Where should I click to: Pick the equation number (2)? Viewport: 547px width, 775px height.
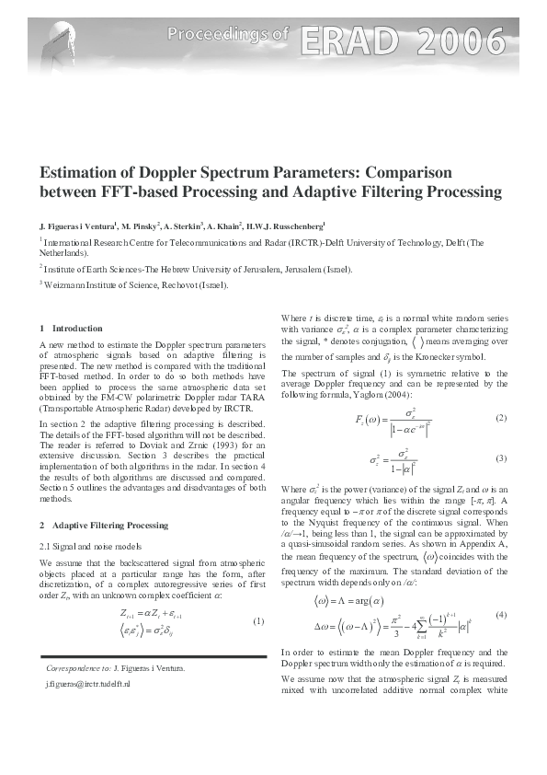tap(501, 418)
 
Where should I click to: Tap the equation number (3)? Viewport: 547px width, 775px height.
tap(501, 457)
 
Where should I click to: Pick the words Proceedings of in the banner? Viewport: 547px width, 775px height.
tap(228, 35)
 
